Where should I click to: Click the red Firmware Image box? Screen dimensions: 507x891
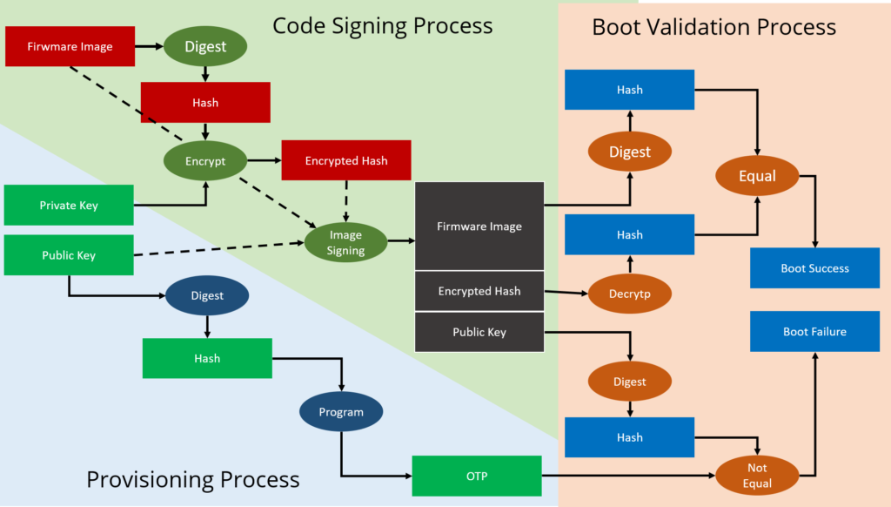(70, 46)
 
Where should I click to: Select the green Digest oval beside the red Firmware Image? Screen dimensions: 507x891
(205, 46)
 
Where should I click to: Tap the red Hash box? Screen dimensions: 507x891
(205, 103)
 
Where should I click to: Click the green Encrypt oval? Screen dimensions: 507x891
(205, 161)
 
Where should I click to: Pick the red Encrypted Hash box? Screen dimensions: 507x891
(345, 160)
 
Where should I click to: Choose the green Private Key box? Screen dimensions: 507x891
(69, 206)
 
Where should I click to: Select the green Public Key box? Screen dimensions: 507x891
(69, 255)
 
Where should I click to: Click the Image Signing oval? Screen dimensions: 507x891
(345, 243)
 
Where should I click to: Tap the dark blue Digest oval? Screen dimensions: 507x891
(207, 295)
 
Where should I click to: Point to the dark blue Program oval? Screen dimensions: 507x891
(341, 412)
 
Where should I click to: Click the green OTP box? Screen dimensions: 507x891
(476, 476)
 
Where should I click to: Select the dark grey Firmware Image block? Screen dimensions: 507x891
(479, 226)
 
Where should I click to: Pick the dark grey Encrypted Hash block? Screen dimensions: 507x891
(479, 291)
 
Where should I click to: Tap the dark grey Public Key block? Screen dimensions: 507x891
(479, 332)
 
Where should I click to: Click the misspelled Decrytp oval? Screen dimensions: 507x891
(630, 294)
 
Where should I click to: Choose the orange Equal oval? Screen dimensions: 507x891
(757, 176)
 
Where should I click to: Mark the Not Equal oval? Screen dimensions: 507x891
(757, 476)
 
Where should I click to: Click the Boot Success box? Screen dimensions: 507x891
(814, 268)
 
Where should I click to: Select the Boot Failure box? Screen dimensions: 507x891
(814, 332)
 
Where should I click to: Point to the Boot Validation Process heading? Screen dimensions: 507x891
(713, 27)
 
